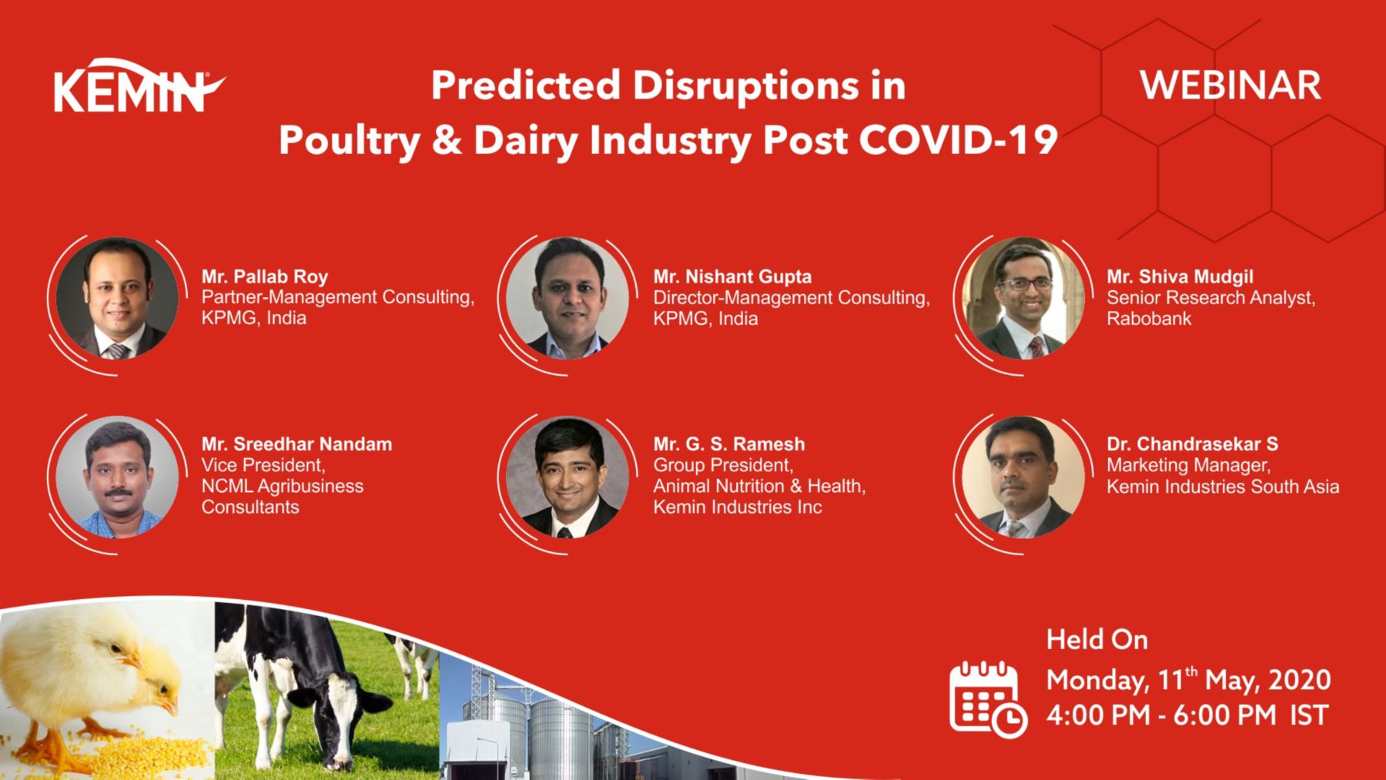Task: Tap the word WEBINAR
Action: coord(1230,85)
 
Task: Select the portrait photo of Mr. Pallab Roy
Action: coord(117,298)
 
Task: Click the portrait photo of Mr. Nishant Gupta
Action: coord(567,298)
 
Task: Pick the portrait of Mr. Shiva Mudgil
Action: coord(1023,298)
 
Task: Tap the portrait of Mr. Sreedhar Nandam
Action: coord(117,477)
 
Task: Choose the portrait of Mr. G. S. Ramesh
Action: coord(567,477)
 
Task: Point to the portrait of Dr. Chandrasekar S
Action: coord(1023,477)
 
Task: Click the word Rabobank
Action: coord(1148,319)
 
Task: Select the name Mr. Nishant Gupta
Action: coord(732,276)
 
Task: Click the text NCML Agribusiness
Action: coord(282,486)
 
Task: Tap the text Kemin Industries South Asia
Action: coord(1222,487)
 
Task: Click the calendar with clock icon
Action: coord(987,699)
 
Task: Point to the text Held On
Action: coord(1096,640)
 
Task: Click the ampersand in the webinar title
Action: coord(447,140)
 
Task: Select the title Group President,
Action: coord(722,465)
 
